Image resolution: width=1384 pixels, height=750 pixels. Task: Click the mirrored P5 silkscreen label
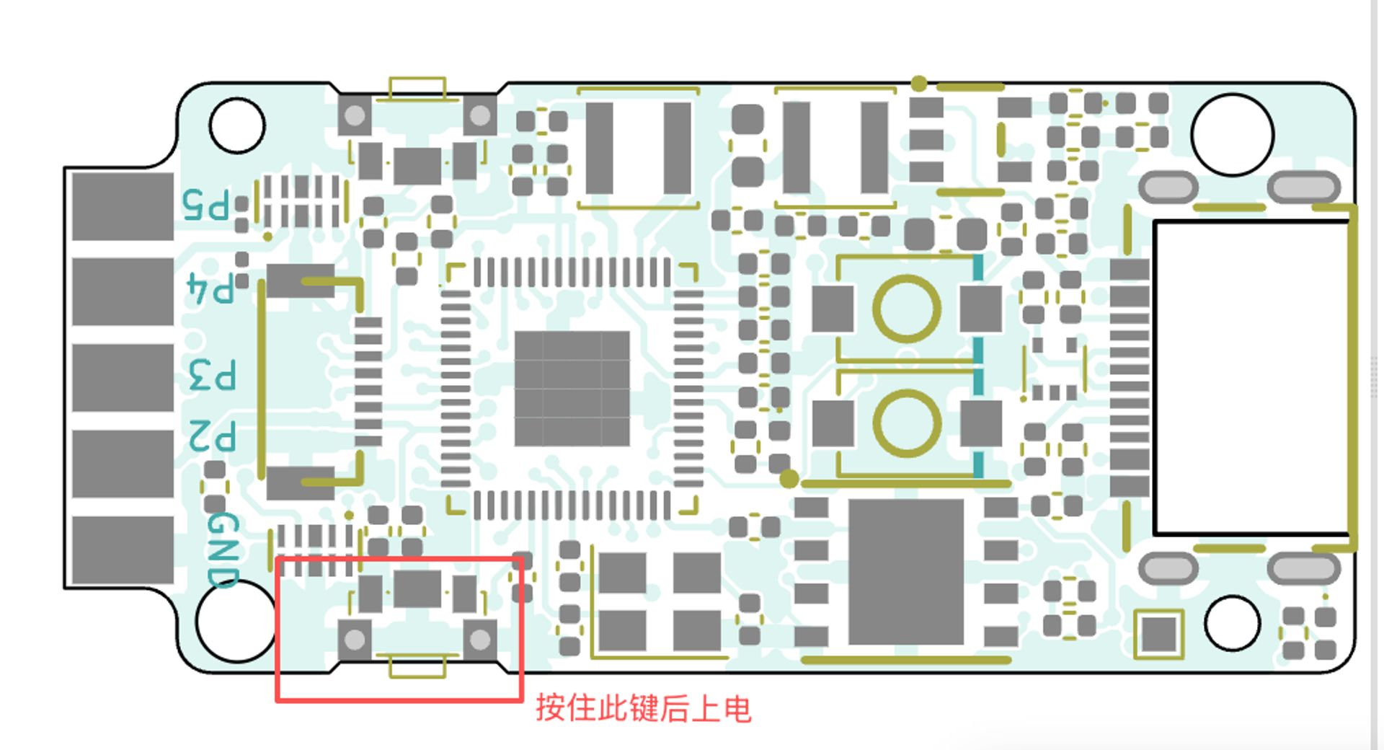pyautogui.click(x=206, y=205)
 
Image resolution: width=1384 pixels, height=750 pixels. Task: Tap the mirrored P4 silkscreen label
pyautogui.click(x=210, y=288)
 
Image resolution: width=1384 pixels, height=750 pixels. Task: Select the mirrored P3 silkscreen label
pyautogui.click(x=213, y=375)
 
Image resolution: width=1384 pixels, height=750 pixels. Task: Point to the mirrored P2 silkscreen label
pyautogui.click(x=213, y=436)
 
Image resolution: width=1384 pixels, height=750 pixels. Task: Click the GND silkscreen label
pyautogui.click(x=223, y=550)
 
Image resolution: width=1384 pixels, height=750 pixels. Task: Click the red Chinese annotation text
pyautogui.click(x=643, y=708)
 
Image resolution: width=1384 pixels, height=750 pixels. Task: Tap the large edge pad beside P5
pyautogui.click(x=123, y=206)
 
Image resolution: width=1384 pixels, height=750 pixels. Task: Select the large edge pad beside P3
pyautogui.click(x=123, y=378)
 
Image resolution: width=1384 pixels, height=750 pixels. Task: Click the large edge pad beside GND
pyautogui.click(x=123, y=550)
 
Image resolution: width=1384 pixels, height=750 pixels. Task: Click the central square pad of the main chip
pyautogui.click(x=572, y=389)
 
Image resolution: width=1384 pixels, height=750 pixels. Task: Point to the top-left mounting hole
pyautogui.click(x=236, y=125)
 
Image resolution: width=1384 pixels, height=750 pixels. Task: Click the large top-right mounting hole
pyautogui.click(x=1232, y=135)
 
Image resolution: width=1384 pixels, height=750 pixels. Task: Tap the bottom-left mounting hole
pyautogui.click(x=232, y=622)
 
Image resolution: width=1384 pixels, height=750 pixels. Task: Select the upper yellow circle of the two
pyautogui.click(x=906, y=309)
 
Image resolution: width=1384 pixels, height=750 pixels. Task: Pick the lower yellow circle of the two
pyautogui.click(x=906, y=423)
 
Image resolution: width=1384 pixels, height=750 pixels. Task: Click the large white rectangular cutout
pyautogui.click(x=1251, y=377)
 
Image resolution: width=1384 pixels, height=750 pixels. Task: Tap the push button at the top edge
pyautogui.click(x=417, y=137)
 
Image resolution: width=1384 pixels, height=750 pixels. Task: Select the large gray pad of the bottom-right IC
pyautogui.click(x=906, y=571)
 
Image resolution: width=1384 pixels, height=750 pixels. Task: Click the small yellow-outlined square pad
pyautogui.click(x=1158, y=634)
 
